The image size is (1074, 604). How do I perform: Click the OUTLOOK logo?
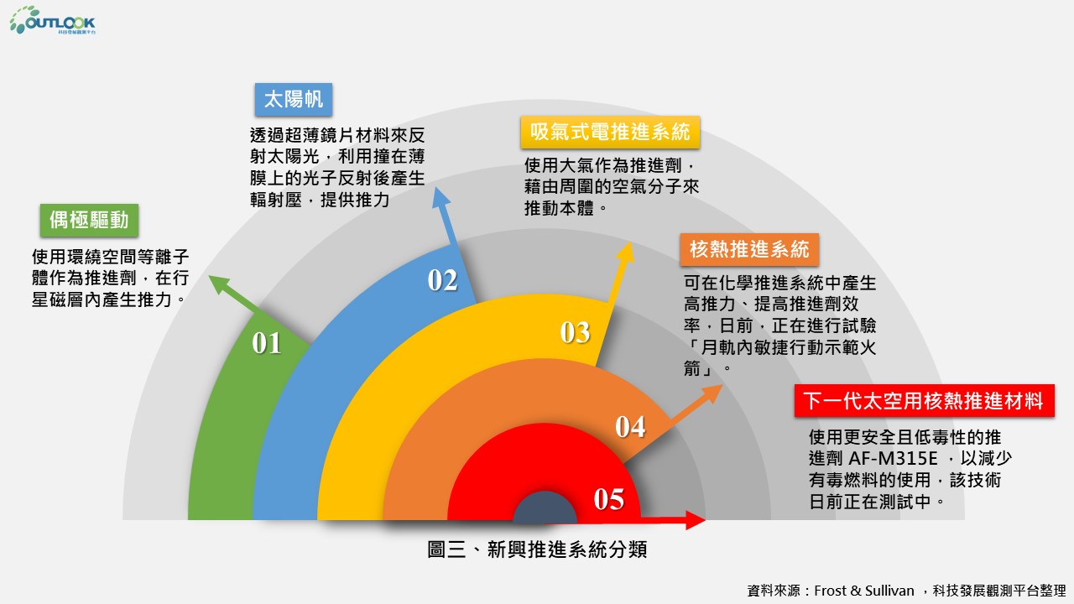[x=53, y=20]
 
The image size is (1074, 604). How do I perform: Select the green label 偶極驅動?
[x=89, y=221]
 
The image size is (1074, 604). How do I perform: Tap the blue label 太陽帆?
[x=294, y=100]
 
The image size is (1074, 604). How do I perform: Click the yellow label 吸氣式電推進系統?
[x=610, y=132]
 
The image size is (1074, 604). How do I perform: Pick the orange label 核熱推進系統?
[x=749, y=249]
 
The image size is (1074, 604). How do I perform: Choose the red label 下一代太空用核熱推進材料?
[x=924, y=401]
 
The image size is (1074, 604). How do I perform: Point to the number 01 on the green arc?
[x=267, y=343]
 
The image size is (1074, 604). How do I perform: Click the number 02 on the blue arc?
[x=442, y=280]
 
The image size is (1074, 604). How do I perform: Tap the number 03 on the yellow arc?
[x=576, y=332]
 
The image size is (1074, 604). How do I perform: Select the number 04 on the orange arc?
[x=630, y=427]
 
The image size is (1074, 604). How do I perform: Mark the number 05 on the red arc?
[x=609, y=499]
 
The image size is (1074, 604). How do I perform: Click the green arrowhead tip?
[x=209, y=276]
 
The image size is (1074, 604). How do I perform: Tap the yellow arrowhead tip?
[x=630, y=242]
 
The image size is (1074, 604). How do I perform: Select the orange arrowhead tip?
[x=722, y=384]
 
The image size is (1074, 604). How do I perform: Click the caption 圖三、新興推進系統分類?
[x=537, y=549]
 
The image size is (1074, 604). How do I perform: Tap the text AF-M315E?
[x=893, y=459]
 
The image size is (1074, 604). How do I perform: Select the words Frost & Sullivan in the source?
[x=864, y=591]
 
